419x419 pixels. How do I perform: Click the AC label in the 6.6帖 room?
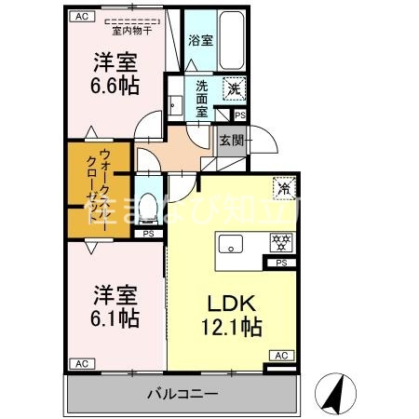(x=81, y=17)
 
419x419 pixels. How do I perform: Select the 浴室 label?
(x=200, y=41)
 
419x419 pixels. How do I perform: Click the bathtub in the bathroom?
(x=229, y=41)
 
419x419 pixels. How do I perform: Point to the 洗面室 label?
(x=202, y=96)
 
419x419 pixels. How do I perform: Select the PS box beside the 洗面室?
(x=240, y=115)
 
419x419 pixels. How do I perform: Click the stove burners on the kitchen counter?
(x=277, y=241)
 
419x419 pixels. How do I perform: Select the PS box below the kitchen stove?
(x=282, y=264)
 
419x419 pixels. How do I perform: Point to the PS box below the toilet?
(x=148, y=234)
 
